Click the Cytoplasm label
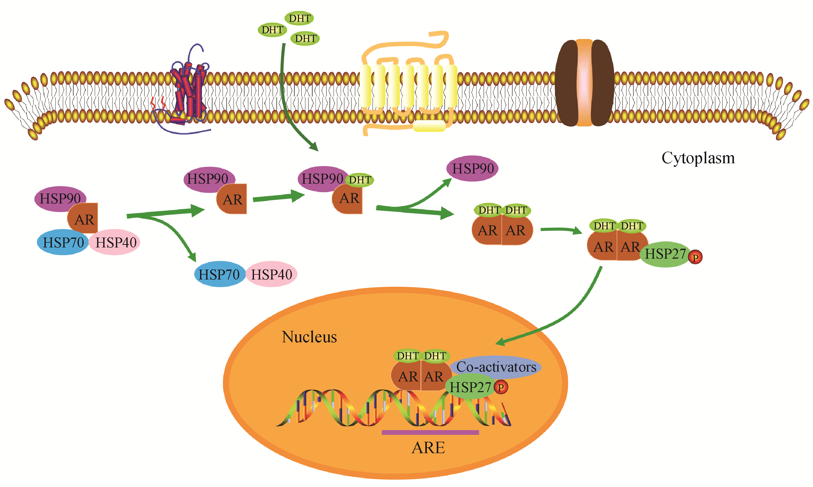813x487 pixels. [x=698, y=158]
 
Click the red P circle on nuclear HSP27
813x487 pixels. [x=501, y=387]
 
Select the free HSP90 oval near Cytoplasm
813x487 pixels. [x=472, y=169]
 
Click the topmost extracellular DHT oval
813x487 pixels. [x=299, y=18]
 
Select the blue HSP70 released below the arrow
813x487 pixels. [x=219, y=274]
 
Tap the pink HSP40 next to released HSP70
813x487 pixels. [x=272, y=274]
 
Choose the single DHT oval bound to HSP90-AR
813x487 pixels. [x=359, y=180]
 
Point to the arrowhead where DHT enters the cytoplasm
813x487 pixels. [x=314, y=147]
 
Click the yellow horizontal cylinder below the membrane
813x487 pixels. [x=429, y=126]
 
